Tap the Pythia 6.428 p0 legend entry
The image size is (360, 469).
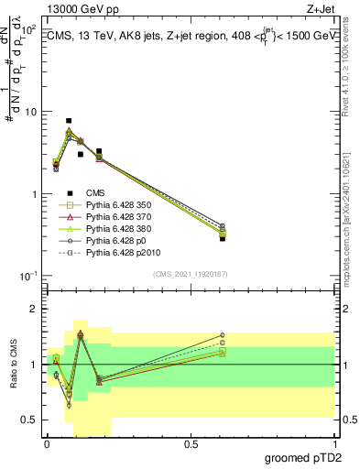pyautogui.click(x=109, y=248)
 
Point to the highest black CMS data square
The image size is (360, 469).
pyautogui.click(x=69, y=121)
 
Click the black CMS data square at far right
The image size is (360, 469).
pyautogui.click(x=223, y=238)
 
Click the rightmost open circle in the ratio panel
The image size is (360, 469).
pyautogui.click(x=223, y=335)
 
